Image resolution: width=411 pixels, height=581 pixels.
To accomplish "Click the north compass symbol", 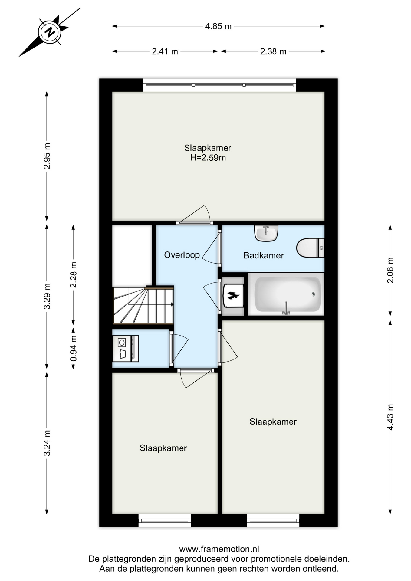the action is click(x=50, y=32).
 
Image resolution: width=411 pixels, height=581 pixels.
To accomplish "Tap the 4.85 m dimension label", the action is click(x=218, y=26).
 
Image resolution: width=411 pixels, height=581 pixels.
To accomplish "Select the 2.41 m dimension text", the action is click(x=165, y=51).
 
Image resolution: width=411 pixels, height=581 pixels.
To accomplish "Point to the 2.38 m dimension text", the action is click(x=273, y=51).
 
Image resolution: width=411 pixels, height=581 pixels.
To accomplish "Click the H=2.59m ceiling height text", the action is click(x=208, y=158).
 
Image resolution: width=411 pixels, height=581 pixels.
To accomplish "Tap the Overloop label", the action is click(x=182, y=255).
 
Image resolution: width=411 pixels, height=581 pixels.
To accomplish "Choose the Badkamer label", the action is click(x=264, y=256).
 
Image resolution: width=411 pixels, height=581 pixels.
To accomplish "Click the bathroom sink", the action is click(x=266, y=233).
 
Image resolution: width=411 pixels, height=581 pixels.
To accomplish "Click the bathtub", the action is click(x=286, y=294).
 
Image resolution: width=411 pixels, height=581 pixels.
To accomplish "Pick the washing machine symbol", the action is click(x=125, y=348).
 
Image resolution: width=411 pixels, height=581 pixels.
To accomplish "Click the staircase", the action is click(x=143, y=305).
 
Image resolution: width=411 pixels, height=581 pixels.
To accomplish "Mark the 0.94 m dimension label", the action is click(x=74, y=349).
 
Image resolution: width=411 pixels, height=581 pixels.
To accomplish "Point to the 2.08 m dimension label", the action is click(x=390, y=270).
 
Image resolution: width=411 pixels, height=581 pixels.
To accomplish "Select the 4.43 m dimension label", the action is click(x=390, y=417).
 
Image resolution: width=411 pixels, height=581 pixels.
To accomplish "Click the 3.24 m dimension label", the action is click(x=47, y=443).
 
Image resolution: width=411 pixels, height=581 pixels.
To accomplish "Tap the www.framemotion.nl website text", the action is click(x=219, y=549).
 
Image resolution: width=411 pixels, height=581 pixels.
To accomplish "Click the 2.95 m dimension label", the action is click(x=47, y=156).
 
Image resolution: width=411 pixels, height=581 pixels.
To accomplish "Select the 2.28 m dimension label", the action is click(x=74, y=275).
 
